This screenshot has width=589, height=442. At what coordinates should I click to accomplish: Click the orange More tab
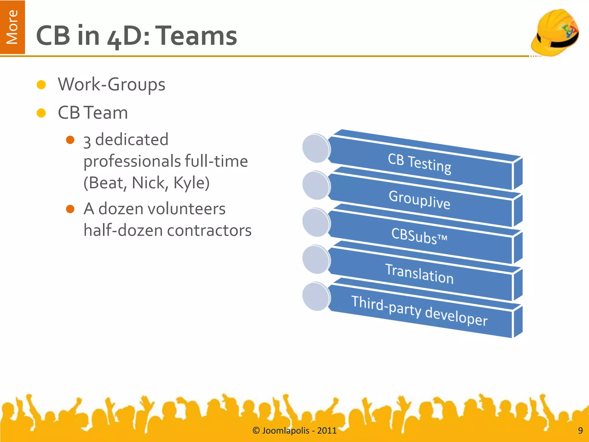pos(12,27)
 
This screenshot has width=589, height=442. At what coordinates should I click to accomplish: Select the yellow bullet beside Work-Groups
pos(41,85)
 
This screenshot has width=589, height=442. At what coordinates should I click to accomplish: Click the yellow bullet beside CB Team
pos(41,113)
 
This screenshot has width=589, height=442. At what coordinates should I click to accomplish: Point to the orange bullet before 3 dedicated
pos(70,140)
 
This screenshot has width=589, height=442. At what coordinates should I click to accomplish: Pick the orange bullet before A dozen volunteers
pos(70,209)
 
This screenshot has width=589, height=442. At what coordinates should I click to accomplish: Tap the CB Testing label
pos(419,164)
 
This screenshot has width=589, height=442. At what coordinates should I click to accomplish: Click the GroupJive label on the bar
pos(419,199)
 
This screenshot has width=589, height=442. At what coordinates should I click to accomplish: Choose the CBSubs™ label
pos(419,236)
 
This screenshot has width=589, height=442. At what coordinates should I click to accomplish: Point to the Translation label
pos(419,274)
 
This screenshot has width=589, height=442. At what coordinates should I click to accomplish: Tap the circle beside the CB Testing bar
pos(316,148)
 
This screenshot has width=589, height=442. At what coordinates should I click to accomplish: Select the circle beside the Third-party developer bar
pos(316,297)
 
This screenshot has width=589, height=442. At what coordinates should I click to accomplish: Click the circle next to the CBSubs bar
pos(316,223)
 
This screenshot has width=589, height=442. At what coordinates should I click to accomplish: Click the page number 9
pos(580,430)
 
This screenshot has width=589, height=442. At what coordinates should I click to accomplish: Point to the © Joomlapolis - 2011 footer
pos(294,430)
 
